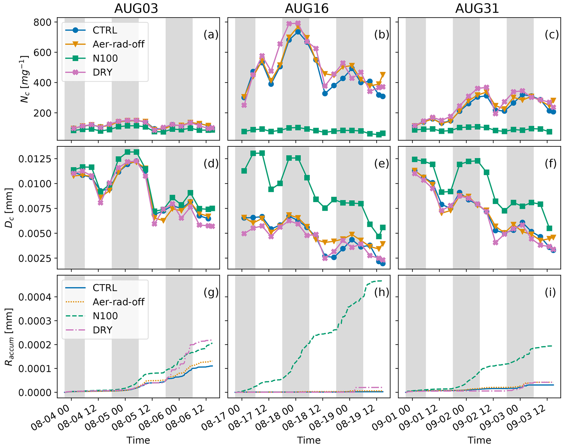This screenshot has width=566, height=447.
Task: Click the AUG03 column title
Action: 136,9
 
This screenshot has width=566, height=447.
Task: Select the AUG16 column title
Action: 307,9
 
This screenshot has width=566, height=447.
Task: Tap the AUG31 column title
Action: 477,9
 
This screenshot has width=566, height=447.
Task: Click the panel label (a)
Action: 211,35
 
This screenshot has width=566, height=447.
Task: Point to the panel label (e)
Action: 381,163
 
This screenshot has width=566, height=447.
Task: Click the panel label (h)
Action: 381,292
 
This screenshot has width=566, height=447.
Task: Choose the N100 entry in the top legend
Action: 105,58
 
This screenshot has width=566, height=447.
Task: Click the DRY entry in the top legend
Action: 103,72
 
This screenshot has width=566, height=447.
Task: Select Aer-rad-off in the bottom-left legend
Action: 118,302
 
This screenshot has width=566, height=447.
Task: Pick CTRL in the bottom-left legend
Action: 105,288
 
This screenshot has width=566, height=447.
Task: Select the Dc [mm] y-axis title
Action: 9,208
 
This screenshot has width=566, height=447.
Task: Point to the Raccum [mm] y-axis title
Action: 9,337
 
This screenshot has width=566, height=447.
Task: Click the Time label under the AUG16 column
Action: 309,440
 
